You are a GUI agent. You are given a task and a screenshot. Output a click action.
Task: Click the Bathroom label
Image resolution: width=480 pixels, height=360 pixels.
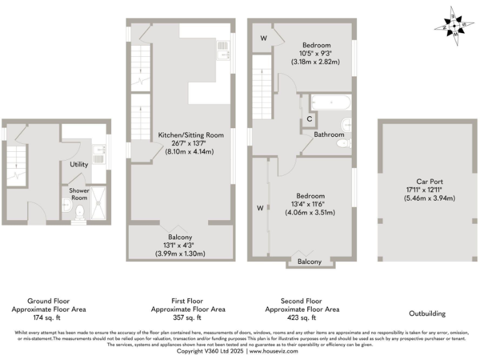329,134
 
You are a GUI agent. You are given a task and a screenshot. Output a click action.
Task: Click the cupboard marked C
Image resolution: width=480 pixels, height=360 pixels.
309,119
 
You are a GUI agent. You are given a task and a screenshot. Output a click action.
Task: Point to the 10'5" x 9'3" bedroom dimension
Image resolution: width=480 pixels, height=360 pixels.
316,54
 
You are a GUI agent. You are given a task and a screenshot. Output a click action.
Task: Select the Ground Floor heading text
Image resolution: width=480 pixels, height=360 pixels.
48,301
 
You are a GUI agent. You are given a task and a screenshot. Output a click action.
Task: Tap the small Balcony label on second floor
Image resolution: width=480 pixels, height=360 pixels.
309,261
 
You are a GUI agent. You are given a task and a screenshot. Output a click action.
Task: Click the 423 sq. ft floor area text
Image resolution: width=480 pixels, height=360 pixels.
302,317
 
